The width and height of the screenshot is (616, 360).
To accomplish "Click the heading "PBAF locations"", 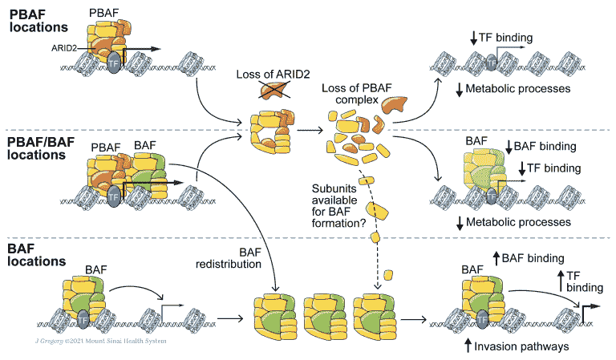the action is [38, 21].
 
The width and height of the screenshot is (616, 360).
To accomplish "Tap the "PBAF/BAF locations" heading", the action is [41, 148].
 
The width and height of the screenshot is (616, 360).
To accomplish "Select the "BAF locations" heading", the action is [37, 255].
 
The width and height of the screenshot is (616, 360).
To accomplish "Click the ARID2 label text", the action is [64, 48].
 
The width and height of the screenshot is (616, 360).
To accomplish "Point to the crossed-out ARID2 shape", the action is [274, 90].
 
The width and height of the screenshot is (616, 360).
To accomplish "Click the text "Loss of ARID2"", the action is [273, 75].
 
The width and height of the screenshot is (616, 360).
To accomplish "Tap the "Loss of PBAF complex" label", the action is [357, 94].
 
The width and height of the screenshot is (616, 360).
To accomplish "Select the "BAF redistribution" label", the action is [229, 258].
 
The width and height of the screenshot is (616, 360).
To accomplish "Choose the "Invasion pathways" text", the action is [521, 346].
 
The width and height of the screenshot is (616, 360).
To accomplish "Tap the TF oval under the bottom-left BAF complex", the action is [83, 320].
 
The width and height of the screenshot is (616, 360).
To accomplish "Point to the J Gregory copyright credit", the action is [100, 341].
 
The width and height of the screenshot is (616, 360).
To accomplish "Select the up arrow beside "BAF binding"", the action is [496, 258].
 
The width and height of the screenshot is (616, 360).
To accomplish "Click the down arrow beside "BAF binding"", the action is [509, 147].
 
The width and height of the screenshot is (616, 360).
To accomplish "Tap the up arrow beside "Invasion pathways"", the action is [468, 346].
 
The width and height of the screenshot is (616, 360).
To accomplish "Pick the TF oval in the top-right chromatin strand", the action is [491, 63].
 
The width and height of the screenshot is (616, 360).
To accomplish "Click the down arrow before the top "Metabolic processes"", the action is [460, 90].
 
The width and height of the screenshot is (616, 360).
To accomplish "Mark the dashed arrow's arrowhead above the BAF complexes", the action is [378, 286].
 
